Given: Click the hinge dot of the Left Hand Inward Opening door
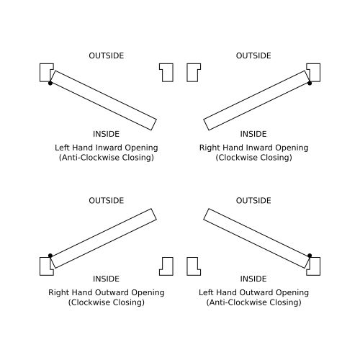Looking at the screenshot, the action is click(50, 83).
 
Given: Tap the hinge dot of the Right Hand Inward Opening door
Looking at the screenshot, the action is click(310, 83).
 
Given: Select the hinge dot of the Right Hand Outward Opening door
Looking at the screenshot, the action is click(50, 256).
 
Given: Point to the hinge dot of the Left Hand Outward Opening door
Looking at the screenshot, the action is click(310, 256).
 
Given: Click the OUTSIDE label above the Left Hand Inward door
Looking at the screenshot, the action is click(107, 55).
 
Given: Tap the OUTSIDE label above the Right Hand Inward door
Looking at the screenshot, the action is click(253, 55).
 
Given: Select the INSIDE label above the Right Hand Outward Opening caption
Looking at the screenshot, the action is click(106, 279).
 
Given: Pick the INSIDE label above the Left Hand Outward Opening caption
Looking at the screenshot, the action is click(253, 279).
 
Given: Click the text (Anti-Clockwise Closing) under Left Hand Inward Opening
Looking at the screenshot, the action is click(107, 158).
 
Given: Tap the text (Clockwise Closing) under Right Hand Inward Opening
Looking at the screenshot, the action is click(253, 158).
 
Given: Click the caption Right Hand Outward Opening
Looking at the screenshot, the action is click(107, 292).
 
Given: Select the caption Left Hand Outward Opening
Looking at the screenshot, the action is click(253, 292).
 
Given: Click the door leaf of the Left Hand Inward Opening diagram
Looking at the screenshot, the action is click(104, 100).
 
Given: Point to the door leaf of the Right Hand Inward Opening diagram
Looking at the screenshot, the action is click(256, 100).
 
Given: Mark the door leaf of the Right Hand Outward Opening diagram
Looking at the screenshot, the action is click(104, 238).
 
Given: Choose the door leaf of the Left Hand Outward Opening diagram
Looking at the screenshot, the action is click(256, 238).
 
